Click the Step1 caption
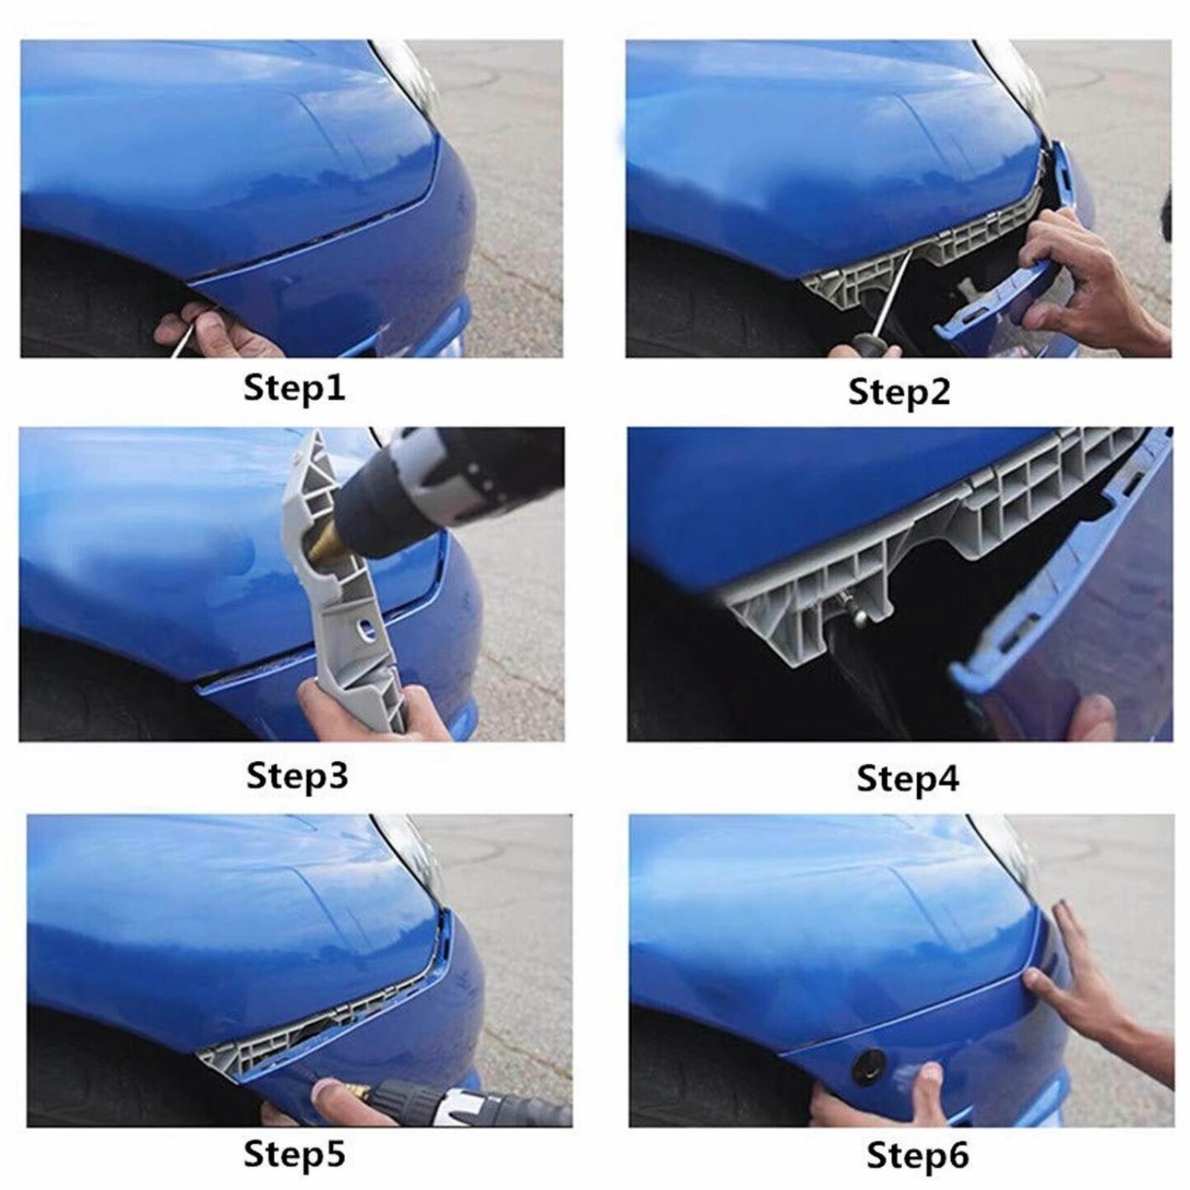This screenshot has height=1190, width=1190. [295, 388]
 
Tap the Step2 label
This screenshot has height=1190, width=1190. [899, 392]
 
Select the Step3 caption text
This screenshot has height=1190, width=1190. [297, 775]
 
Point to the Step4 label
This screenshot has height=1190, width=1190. [907, 779]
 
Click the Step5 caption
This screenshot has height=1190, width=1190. [295, 1154]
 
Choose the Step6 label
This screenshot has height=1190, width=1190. [918, 1156]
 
